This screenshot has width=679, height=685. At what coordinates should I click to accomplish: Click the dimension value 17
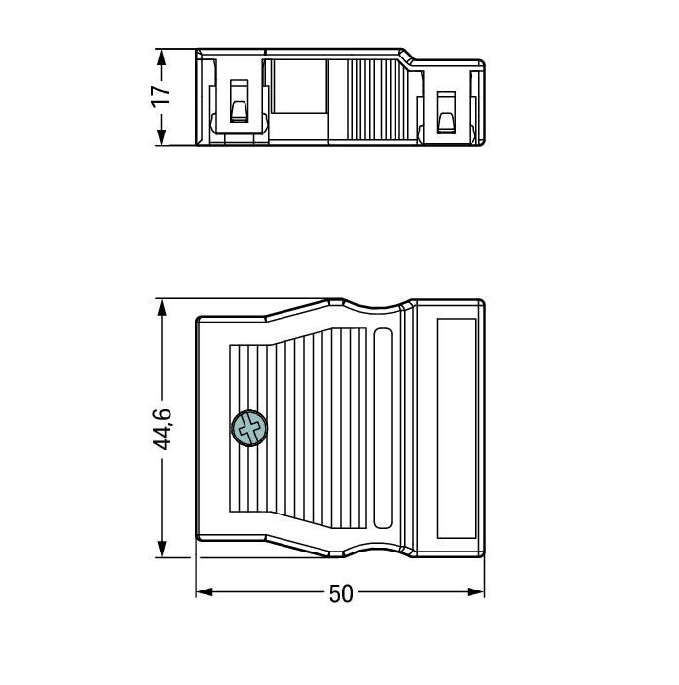[161, 96]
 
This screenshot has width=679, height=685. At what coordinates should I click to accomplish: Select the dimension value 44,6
[162, 429]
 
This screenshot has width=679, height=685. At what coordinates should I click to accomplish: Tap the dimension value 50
[341, 593]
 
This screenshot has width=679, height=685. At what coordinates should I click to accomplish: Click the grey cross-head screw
[248, 429]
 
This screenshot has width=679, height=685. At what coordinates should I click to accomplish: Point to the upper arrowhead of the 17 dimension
[161, 57]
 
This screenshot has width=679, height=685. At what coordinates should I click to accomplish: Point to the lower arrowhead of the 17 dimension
[161, 136]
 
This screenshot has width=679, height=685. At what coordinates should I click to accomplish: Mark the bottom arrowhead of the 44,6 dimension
[162, 549]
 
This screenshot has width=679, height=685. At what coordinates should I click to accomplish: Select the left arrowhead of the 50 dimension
[205, 592]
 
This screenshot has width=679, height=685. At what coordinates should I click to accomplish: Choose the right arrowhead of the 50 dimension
[476, 592]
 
